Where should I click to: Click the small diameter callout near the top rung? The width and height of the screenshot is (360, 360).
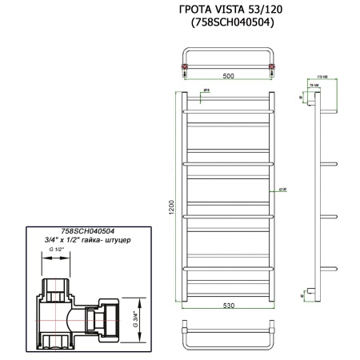point(207,90)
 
